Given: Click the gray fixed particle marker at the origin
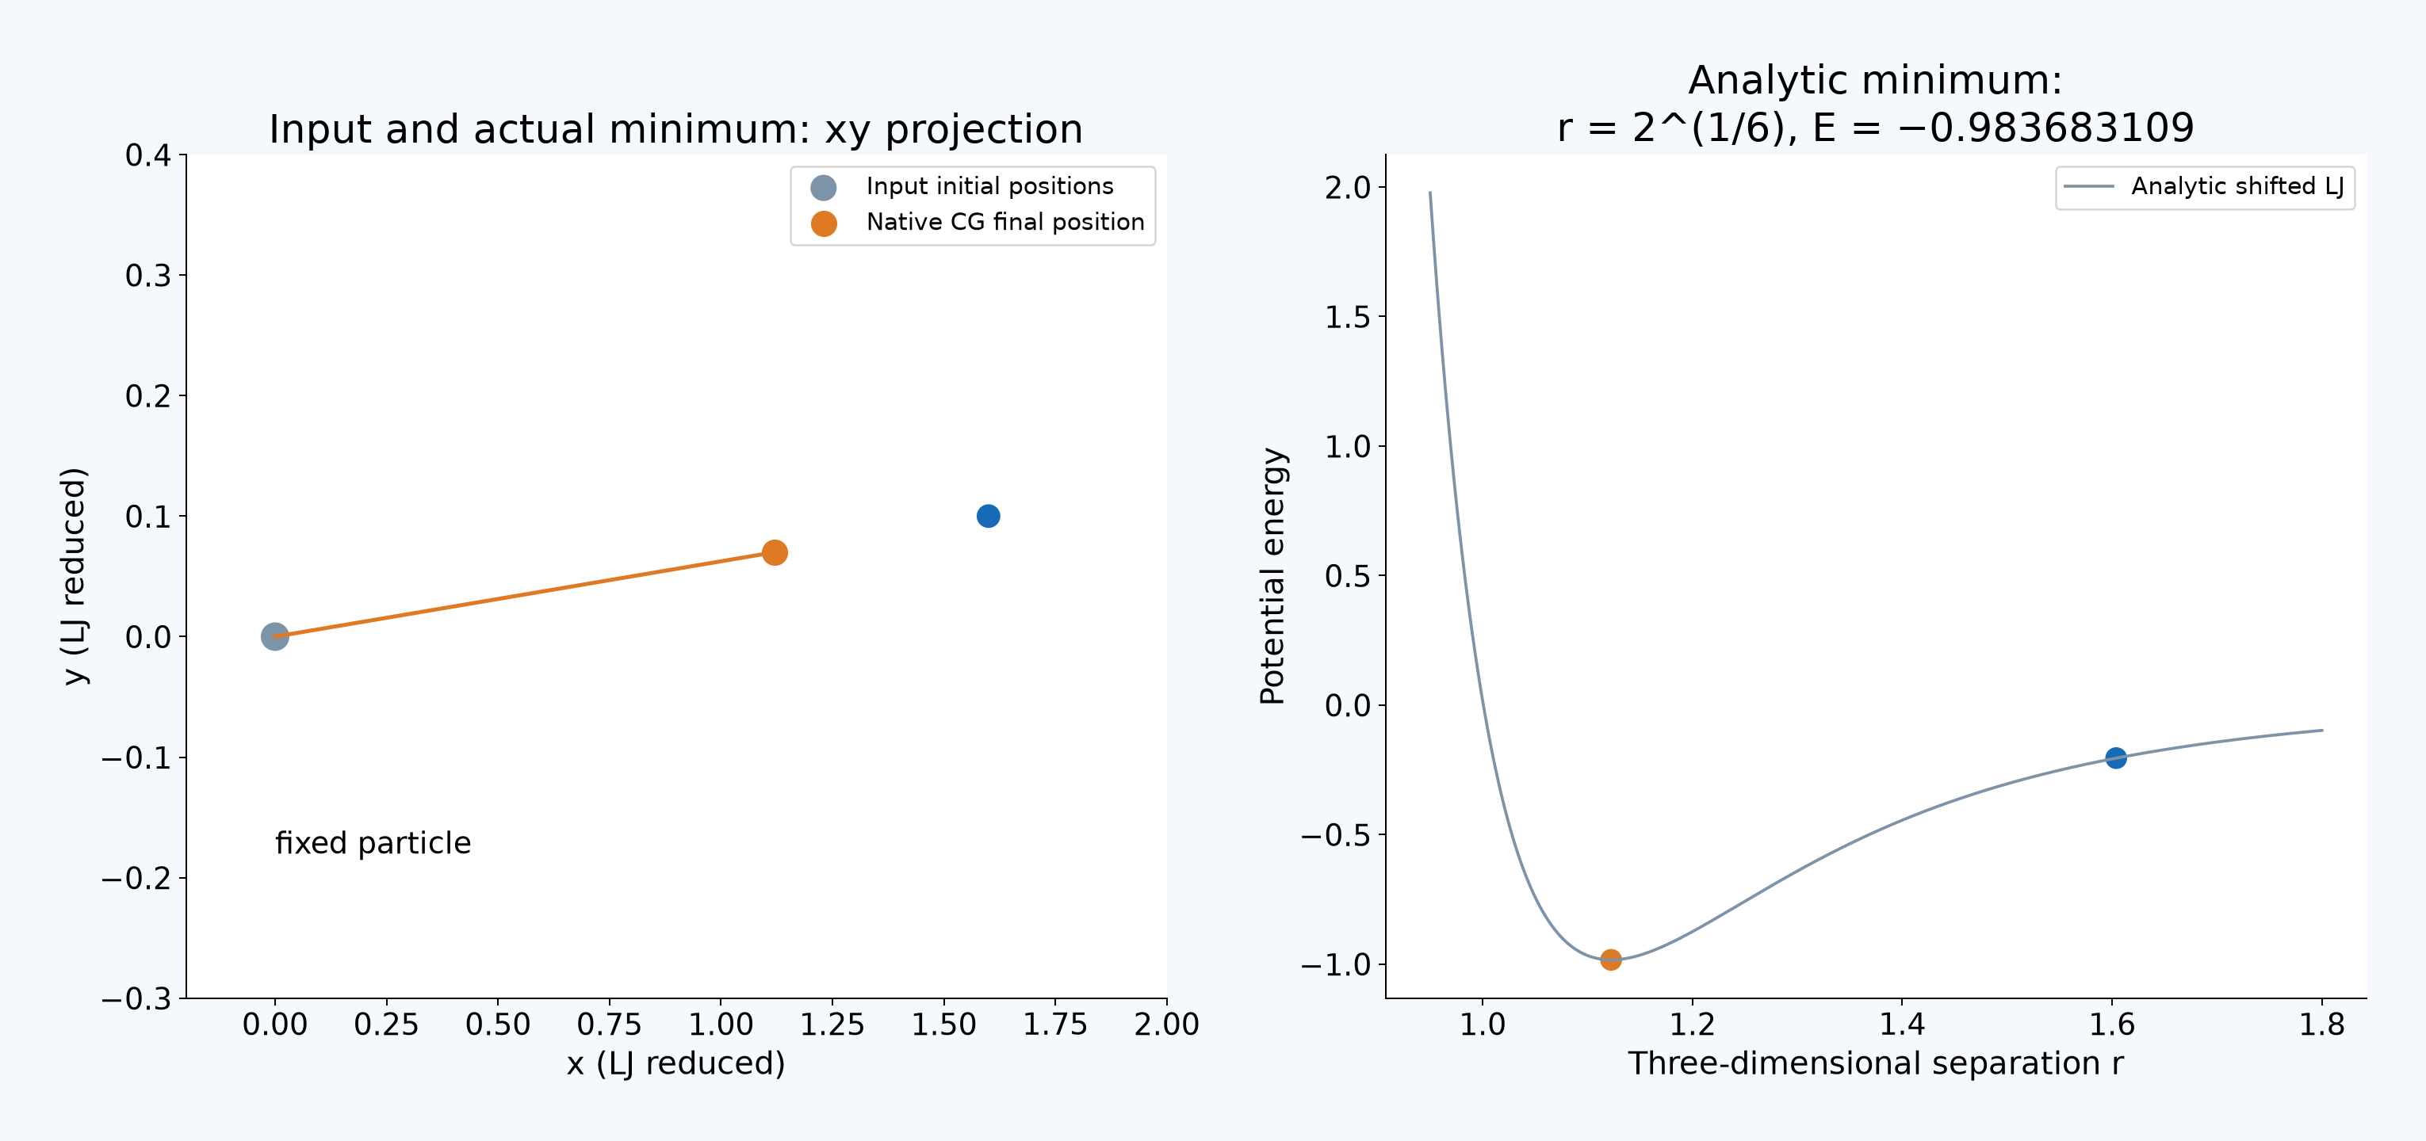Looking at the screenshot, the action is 274,636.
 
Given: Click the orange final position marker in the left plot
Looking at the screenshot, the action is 774,552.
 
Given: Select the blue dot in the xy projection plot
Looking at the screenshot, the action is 988,516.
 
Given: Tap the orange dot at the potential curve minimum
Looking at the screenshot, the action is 1610,960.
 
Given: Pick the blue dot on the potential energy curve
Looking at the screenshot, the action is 2115,757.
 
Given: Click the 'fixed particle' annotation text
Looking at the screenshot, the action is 373,842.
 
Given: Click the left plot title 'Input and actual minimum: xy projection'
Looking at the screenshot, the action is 675,129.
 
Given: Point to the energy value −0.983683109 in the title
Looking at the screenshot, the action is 2045,127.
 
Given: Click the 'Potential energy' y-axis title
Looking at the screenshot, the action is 1272,576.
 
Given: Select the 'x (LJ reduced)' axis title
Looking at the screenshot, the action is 675,1064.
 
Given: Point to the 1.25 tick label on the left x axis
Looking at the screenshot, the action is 832,1025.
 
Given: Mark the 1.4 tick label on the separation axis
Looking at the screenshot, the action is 1901,1025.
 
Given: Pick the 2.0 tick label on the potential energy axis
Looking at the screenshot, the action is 1348,187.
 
